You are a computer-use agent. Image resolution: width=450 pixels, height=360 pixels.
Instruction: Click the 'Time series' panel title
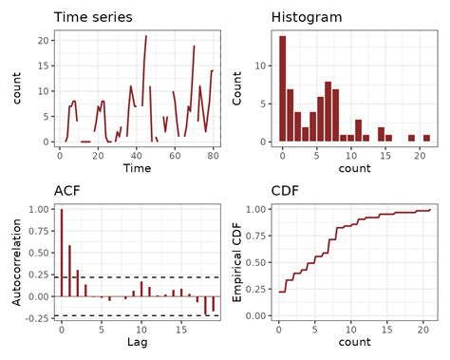(x=93, y=17)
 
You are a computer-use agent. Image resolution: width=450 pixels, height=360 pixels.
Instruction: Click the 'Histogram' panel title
(x=307, y=17)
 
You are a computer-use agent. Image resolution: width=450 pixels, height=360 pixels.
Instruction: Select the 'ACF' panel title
(x=66, y=191)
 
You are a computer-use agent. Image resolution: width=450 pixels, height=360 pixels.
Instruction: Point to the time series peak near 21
(x=145, y=36)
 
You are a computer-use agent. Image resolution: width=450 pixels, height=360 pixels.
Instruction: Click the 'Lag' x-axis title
(x=137, y=342)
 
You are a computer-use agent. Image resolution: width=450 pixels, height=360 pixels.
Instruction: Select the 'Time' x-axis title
(x=137, y=168)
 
